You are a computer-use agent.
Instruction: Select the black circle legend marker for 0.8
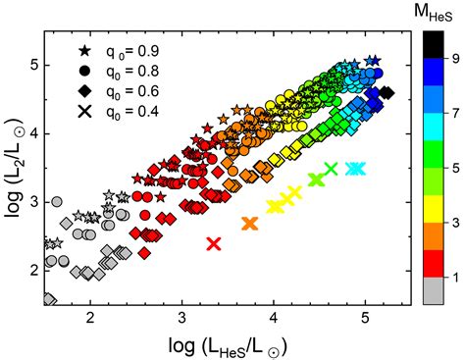point(85,71)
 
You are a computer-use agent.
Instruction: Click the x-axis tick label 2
point(90,319)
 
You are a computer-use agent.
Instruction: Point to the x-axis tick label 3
point(181,319)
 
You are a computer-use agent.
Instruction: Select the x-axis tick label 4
point(273,319)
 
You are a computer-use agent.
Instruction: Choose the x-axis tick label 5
point(364,319)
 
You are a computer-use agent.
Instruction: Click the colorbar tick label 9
point(453,58)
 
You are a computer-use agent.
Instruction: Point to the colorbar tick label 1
point(453,282)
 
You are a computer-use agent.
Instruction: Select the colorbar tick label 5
point(453,170)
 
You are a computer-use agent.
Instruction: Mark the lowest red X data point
point(214,243)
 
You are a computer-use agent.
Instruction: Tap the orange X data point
point(249,224)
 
